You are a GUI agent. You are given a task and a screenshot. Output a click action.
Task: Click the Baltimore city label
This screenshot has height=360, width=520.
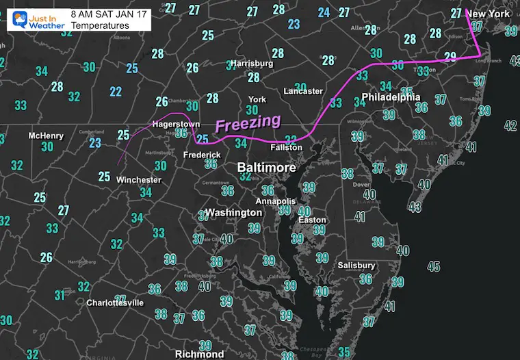(x=267, y=168)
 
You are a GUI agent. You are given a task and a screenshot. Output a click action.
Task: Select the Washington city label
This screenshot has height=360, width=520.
(x=233, y=213)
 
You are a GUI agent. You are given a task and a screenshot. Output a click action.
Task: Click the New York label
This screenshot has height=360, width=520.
(x=491, y=14)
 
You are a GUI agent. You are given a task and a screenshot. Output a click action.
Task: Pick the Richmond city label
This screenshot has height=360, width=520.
(x=199, y=354)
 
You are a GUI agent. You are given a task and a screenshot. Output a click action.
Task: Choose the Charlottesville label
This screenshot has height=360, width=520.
(x=115, y=302)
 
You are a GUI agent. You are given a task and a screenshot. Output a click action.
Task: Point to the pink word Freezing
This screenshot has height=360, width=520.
(x=248, y=124)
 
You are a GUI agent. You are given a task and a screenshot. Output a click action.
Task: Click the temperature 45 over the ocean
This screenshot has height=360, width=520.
(x=433, y=266)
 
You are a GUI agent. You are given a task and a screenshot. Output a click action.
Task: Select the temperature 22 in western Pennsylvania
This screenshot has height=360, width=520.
(x=116, y=92)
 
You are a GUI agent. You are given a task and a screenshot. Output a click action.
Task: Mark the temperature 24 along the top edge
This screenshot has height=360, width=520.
(x=324, y=12)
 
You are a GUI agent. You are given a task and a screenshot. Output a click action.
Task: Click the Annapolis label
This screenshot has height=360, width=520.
(x=275, y=201)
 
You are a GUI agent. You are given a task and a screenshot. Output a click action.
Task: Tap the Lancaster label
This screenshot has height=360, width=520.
(x=303, y=91)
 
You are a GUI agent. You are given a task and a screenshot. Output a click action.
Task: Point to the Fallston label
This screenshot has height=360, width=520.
(x=285, y=147)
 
